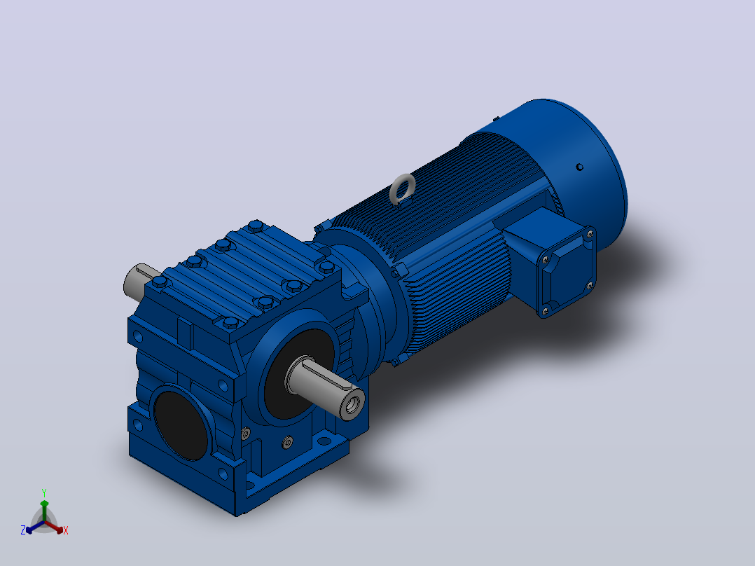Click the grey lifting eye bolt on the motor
402,189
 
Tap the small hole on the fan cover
580,167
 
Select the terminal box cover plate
567,272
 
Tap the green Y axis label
44,492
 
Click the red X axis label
66,530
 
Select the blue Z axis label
23,530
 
